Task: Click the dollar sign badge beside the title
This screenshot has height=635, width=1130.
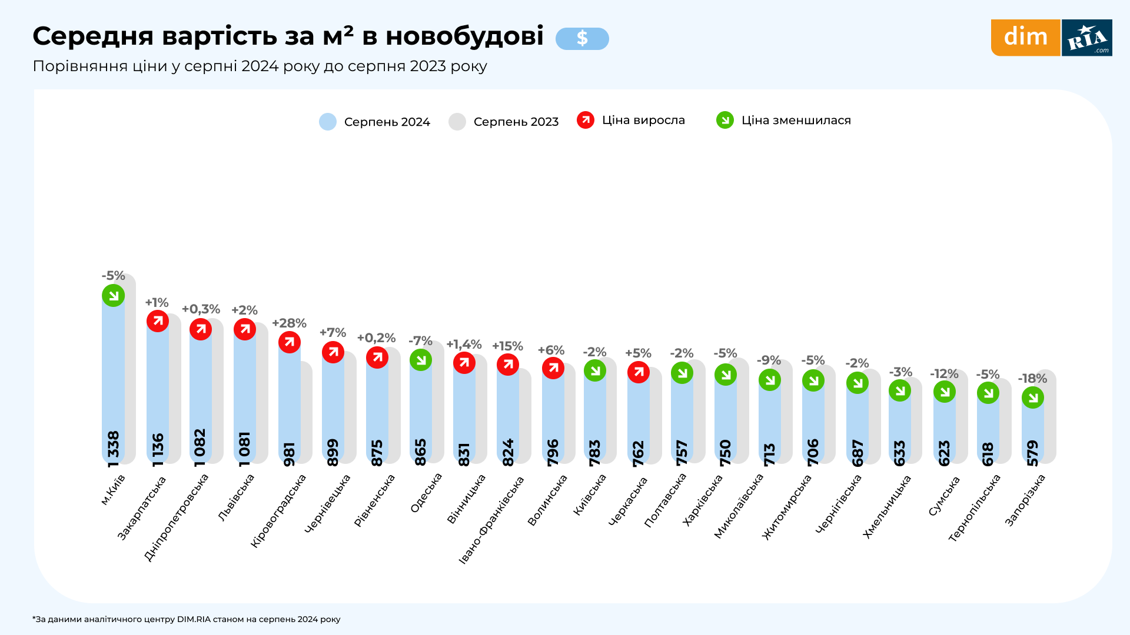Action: pos(582,39)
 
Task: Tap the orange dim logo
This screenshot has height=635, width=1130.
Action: pos(1025,38)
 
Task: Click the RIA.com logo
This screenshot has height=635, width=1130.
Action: pos(1087,38)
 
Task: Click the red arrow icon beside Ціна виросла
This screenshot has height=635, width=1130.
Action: pos(586,120)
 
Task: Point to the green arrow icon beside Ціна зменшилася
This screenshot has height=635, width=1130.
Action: pos(725,120)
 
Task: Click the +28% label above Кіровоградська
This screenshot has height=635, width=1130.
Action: pos(289,323)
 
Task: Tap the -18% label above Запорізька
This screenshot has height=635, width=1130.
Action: pos(1032,379)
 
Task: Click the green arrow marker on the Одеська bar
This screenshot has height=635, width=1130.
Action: pos(421,360)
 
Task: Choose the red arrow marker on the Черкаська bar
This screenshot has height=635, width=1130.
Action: pos(639,372)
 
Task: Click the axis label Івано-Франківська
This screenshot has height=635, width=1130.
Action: pos(492,519)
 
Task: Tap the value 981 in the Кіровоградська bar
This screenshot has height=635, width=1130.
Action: pos(289,454)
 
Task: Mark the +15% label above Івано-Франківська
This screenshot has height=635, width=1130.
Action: pos(507,346)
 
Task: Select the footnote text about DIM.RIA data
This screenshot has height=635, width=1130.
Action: pos(187,619)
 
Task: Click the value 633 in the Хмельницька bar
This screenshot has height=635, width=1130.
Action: pos(900,453)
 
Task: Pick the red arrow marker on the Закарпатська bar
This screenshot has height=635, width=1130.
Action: pos(158,321)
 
